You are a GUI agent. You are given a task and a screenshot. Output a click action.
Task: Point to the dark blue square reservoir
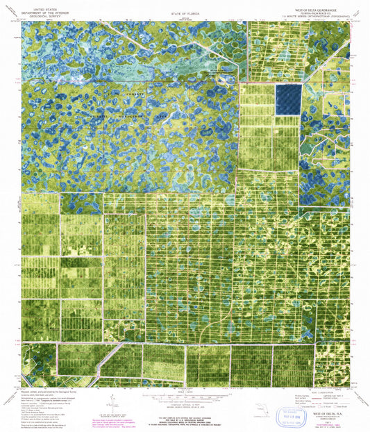coord(288,99)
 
